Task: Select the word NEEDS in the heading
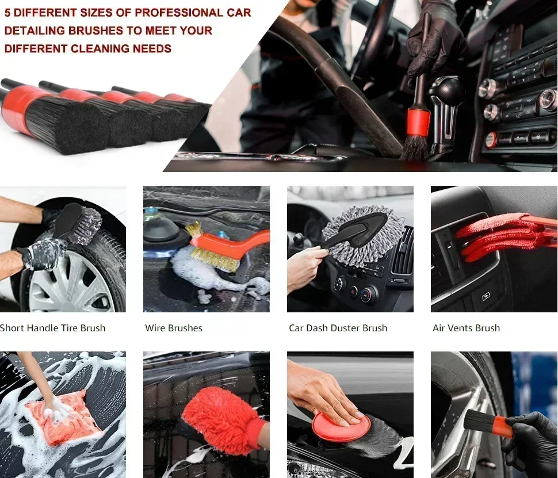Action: pyautogui.click(x=152, y=48)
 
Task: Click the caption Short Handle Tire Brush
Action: pyautogui.click(x=53, y=328)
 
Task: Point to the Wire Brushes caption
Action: pyautogui.click(x=174, y=328)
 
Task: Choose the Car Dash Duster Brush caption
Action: pyautogui.click(x=338, y=328)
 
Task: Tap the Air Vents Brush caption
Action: pyautogui.click(x=466, y=328)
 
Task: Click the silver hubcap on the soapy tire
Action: pyautogui.click(x=71, y=281)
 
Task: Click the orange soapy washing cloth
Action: pyautogui.click(x=64, y=418)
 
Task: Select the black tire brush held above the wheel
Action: pyautogui.click(x=77, y=224)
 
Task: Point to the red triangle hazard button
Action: pyautogui.click(x=353, y=293)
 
